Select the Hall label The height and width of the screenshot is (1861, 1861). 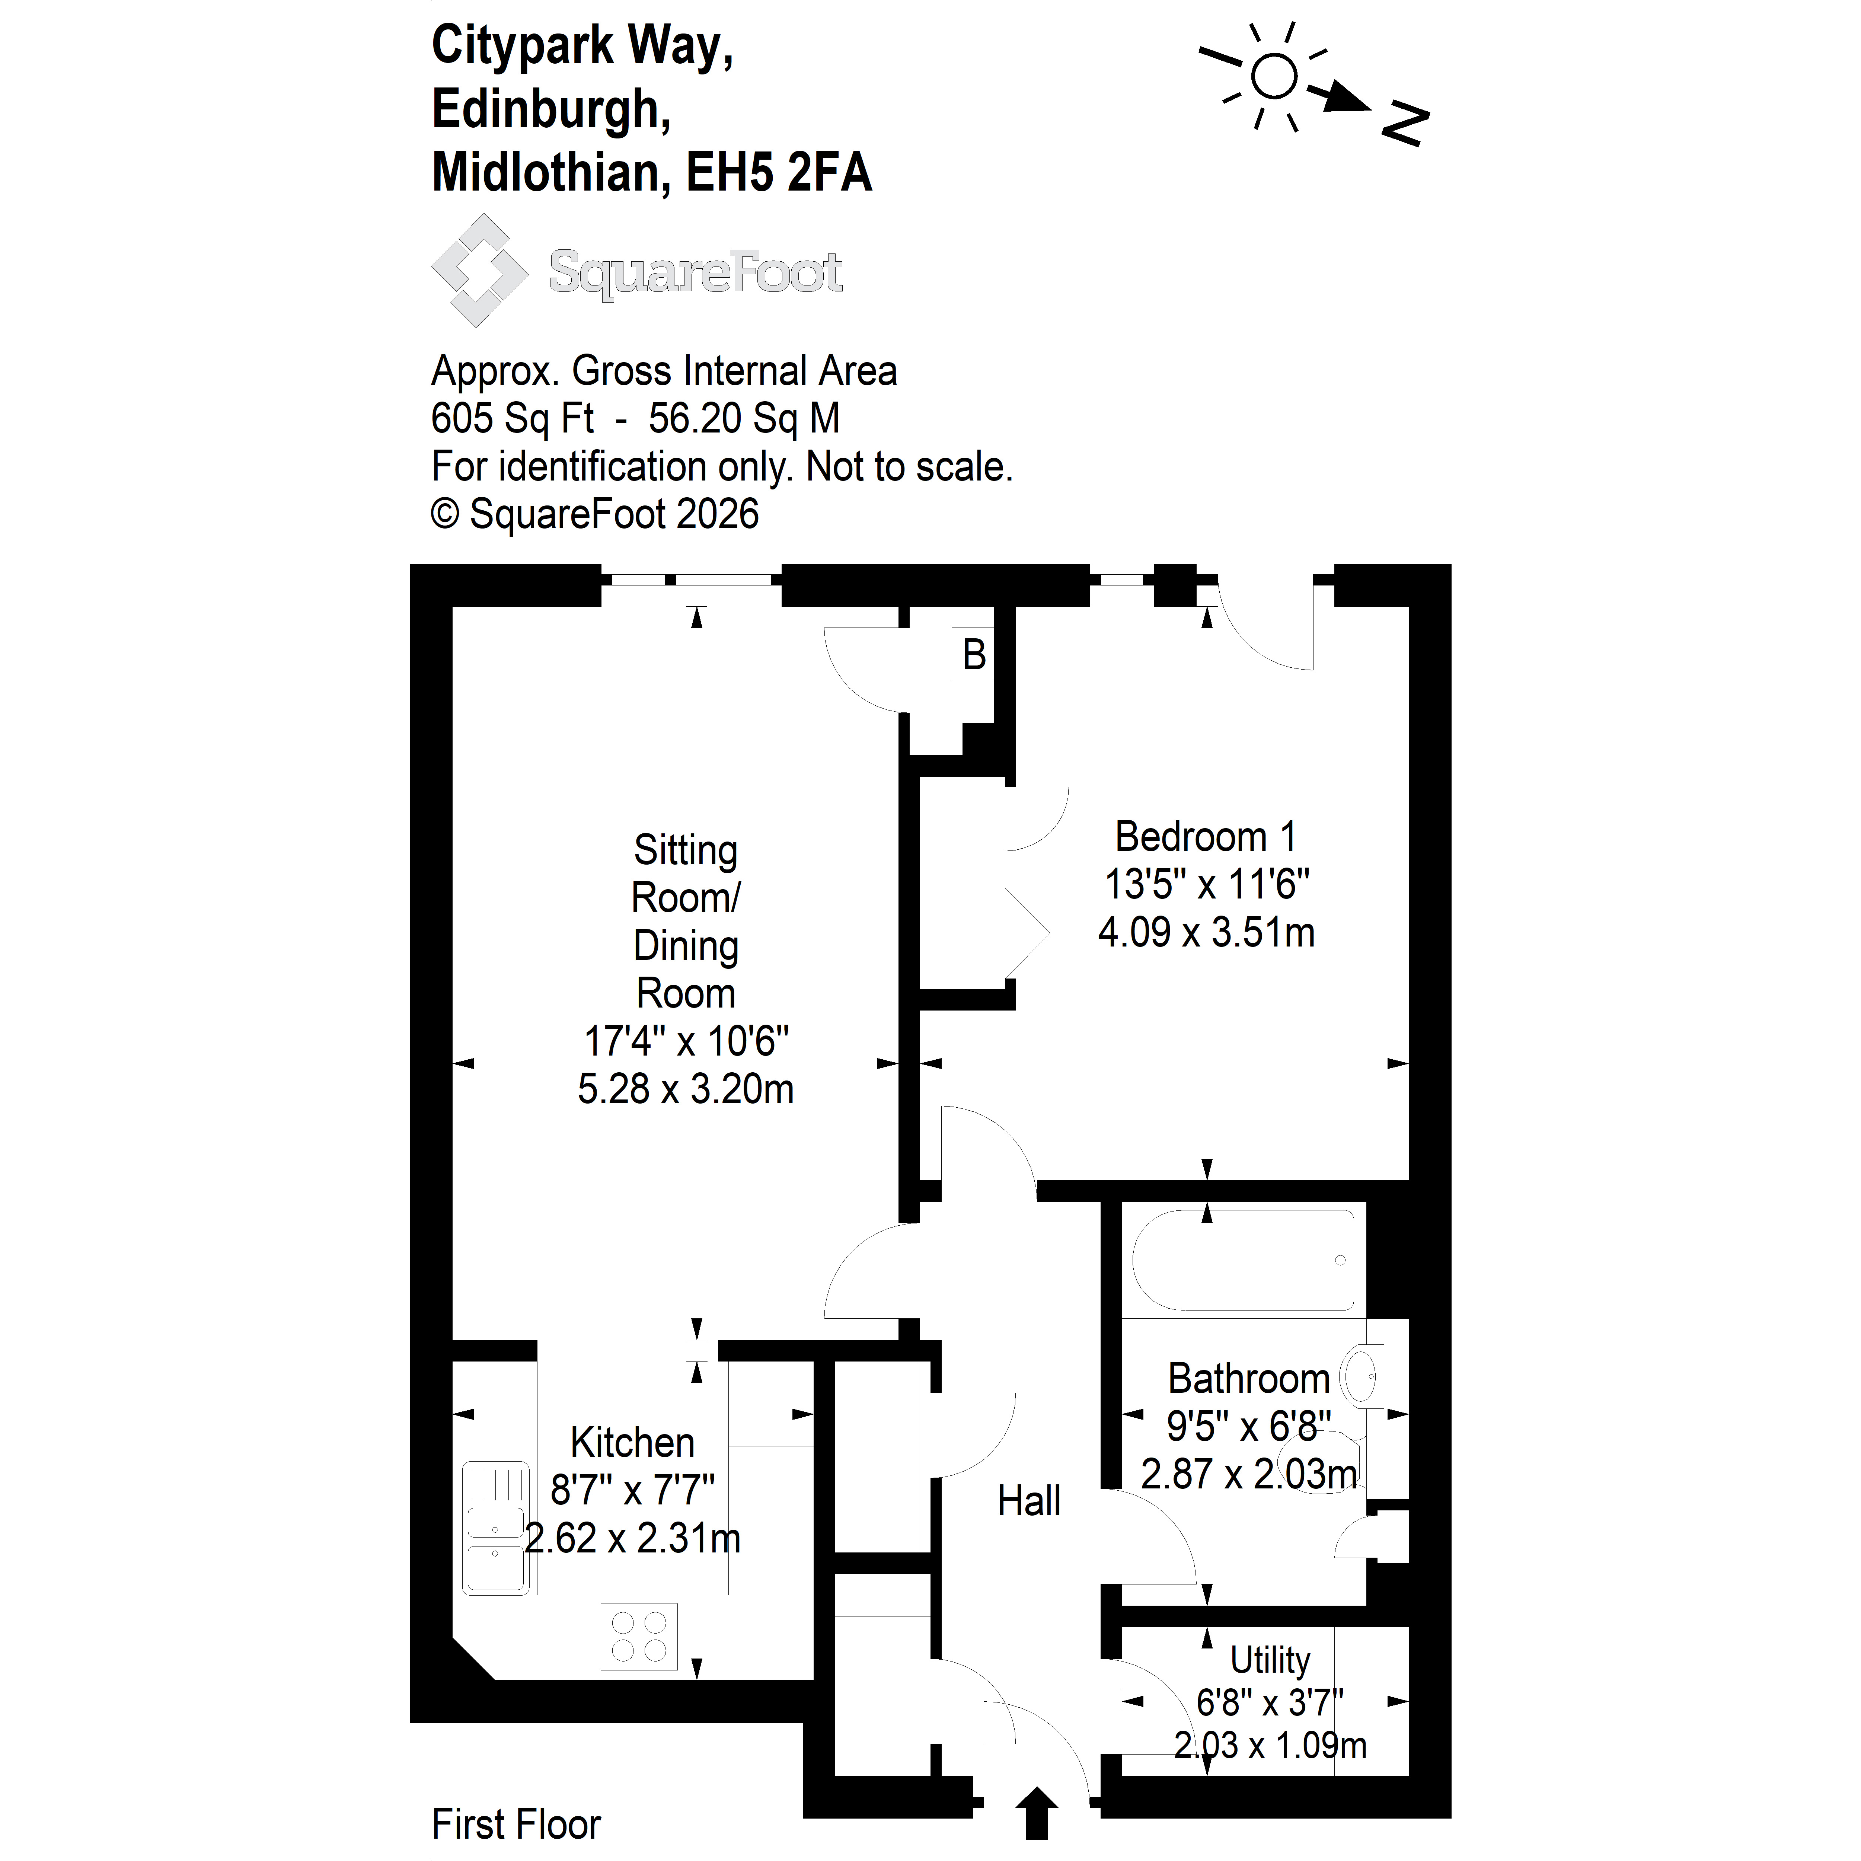[1029, 1501]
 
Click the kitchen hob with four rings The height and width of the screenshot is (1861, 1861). [639, 1637]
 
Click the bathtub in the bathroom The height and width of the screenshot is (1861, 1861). [1243, 1260]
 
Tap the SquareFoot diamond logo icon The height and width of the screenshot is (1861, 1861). [479, 271]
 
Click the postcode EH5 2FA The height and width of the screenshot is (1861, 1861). [778, 173]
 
